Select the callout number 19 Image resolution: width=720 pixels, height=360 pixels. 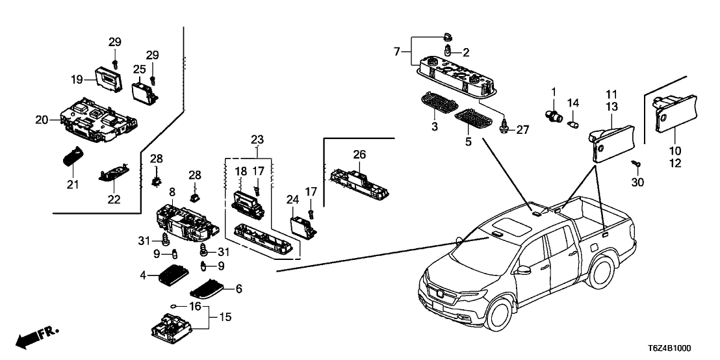[77, 80]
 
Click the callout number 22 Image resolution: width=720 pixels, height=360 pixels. [114, 199]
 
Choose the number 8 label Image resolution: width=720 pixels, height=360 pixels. [172, 192]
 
